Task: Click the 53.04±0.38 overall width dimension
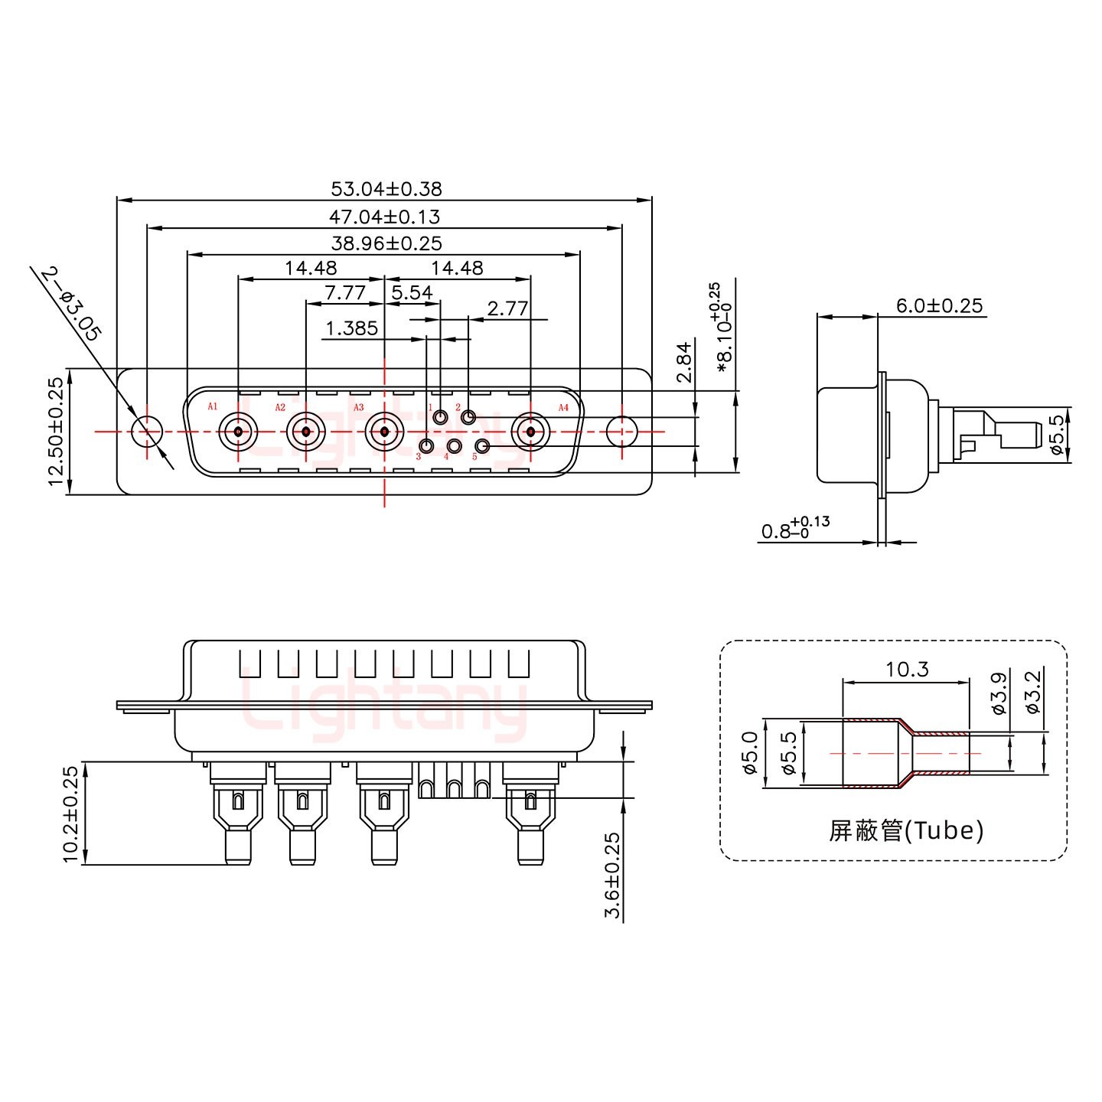(x=386, y=188)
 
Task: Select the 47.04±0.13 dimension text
(x=384, y=217)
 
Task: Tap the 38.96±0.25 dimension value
(x=386, y=243)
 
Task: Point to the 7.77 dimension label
(x=344, y=293)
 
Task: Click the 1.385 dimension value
(x=351, y=328)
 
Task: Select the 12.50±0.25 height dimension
(x=55, y=432)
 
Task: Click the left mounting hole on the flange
(x=147, y=432)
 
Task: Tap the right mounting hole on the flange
(x=621, y=432)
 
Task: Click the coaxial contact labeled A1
(x=239, y=432)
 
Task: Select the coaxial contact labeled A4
(x=531, y=432)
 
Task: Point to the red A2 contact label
(x=280, y=407)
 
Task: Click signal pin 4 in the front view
(x=455, y=446)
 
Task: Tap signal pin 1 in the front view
(x=441, y=418)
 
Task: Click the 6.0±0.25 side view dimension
(x=939, y=306)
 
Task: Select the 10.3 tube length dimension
(x=907, y=670)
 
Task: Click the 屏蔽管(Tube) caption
(x=905, y=830)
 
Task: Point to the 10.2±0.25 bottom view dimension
(x=70, y=814)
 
